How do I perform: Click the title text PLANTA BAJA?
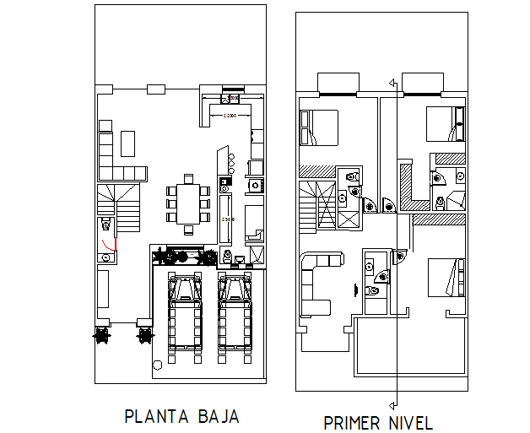coord(182,416)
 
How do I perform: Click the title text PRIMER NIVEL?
coord(378,423)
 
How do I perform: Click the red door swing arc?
coord(108,246)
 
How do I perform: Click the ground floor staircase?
coord(117,208)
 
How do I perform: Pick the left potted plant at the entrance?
coord(103,335)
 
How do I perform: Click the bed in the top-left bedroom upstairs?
coord(319,129)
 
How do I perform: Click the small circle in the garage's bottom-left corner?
coord(158,365)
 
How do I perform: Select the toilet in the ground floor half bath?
coord(105,224)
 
